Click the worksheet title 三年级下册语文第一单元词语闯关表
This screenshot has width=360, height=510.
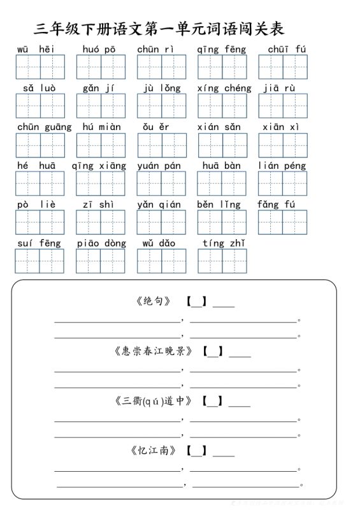pyautogui.click(x=159, y=29)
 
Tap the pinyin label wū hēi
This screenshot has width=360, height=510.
pyautogui.click(x=36, y=49)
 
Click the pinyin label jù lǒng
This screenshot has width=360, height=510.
pyautogui.click(x=162, y=88)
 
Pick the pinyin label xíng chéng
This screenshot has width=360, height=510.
pyautogui.click(x=224, y=88)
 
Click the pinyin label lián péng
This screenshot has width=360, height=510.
pyautogui.click(x=282, y=166)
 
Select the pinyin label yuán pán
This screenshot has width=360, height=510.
pyautogui.click(x=159, y=166)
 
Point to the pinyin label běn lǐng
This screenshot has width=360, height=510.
pyautogui.click(x=219, y=205)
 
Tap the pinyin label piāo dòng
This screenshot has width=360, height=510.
pyautogui.click(x=101, y=243)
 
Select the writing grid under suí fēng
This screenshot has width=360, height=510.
pyautogui.click(x=40, y=261)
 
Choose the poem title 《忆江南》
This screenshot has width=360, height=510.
pyautogui.click(x=154, y=451)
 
